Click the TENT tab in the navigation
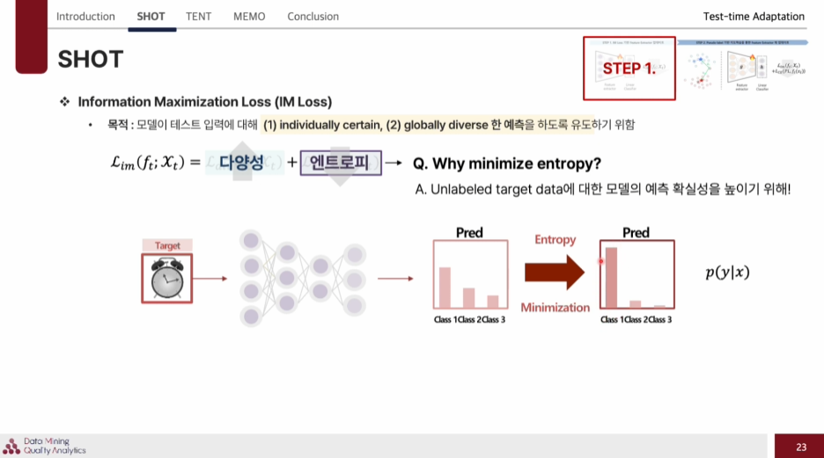point(198,16)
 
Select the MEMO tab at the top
point(249,16)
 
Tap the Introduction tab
point(85,16)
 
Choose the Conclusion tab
point(313,16)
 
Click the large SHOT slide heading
point(91,59)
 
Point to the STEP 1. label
point(629,68)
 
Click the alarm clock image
point(166,279)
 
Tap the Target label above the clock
point(167,246)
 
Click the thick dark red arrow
point(554,273)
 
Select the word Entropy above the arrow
point(555,240)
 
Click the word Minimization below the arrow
point(555,307)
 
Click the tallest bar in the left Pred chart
point(445,287)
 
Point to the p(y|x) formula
point(727,273)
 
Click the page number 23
point(800,447)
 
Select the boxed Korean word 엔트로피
point(341,163)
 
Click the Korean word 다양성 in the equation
point(242,163)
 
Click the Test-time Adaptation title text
point(754,16)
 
